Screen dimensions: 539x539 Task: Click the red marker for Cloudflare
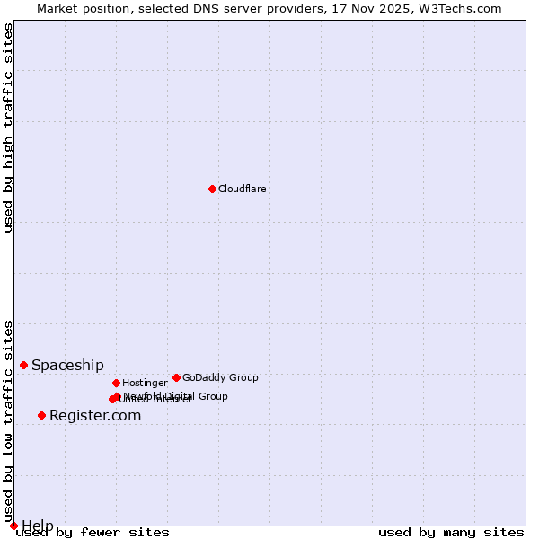(x=212, y=189)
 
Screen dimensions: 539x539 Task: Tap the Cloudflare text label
(x=242, y=189)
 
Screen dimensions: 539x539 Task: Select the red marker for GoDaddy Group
(x=176, y=377)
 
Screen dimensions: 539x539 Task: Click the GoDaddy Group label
(x=220, y=377)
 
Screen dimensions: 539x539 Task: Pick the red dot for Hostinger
(x=116, y=383)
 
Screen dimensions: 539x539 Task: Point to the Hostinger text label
(x=145, y=383)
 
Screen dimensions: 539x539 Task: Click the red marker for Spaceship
(x=24, y=365)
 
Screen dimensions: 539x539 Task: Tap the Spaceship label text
(x=67, y=365)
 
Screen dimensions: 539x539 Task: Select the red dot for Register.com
(x=41, y=415)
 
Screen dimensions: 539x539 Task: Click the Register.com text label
(x=95, y=415)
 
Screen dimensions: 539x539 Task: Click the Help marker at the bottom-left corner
(x=13, y=526)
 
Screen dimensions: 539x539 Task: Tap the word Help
(x=38, y=525)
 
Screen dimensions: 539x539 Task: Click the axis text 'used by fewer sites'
(x=93, y=532)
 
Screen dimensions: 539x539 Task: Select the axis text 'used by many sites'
(x=451, y=532)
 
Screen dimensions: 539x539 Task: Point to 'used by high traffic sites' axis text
(x=9, y=128)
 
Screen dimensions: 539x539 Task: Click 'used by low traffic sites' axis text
(x=9, y=420)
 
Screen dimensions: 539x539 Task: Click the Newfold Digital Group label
(x=175, y=396)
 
